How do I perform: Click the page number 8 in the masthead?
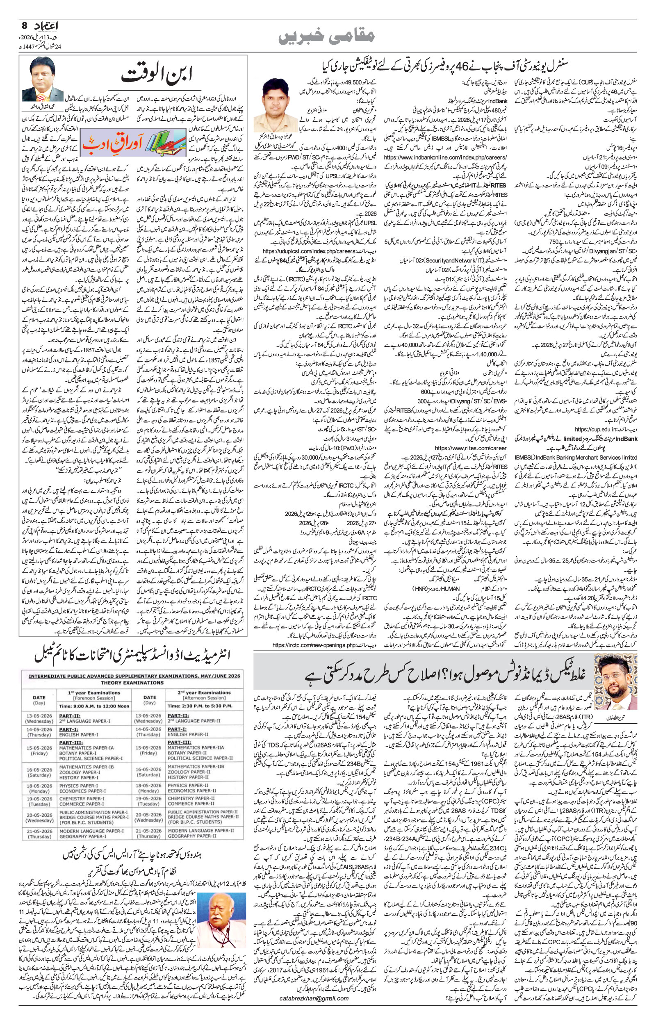click(25, 25)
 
